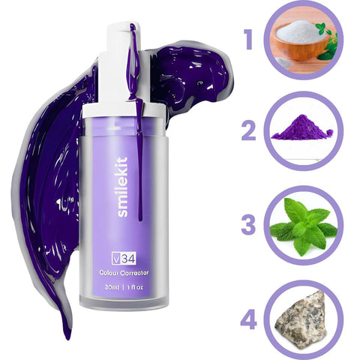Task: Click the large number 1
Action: (x=248, y=39)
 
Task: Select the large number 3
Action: (x=248, y=224)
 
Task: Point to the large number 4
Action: (x=248, y=319)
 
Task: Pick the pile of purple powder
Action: (x=301, y=127)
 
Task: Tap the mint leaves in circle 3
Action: (x=304, y=226)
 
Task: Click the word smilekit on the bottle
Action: (x=122, y=187)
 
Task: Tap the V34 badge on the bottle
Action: (x=124, y=259)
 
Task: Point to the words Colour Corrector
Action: (x=124, y=273)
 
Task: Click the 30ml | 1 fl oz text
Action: (x=124, y=287)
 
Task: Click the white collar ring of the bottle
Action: (x=124, y=110)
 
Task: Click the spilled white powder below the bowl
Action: (x=283, y=63)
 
